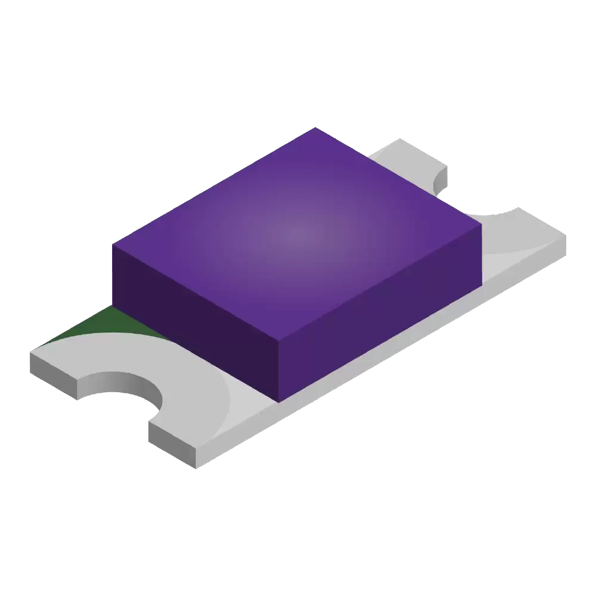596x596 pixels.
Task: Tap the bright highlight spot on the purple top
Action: pyautogui.click(x=296, y=233)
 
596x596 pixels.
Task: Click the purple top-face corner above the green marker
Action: pyautogui.click(x=113, y=245)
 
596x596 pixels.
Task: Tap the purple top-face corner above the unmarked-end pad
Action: pyautogui.click(x=480, y=226)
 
